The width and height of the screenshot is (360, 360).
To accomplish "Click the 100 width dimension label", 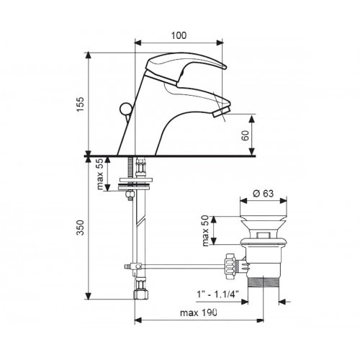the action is coord(179,35).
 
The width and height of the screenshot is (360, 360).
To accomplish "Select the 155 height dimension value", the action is coord(81,104).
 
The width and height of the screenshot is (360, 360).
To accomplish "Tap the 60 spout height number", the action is coord(246,136).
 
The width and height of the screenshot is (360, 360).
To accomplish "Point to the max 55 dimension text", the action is coord(100,174).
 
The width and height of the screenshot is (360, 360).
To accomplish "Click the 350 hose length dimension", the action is coord(81,228).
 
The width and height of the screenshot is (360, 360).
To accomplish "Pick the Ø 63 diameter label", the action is coord(264,194).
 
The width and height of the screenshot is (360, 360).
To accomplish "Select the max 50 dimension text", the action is coord(206,230).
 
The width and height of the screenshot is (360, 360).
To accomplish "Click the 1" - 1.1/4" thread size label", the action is coord(217,294).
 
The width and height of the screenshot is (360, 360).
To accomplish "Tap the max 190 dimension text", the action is coord(199,312).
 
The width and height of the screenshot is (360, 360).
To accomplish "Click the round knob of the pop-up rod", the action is coord(125,109).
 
